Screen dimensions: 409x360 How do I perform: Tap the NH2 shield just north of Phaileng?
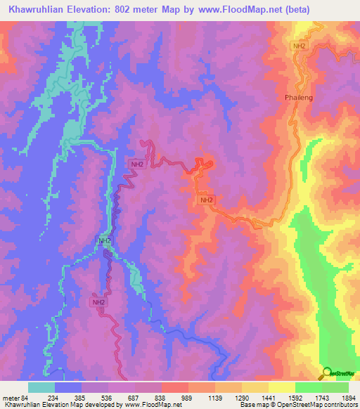coord(300,46)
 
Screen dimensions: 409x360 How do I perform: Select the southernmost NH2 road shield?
coord(99,302)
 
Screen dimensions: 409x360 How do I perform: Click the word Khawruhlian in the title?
coord(33,10)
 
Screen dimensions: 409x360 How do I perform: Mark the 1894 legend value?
coord(349,398)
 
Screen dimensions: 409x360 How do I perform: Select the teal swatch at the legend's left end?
coord(41,387)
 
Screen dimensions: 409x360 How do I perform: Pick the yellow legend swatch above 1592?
coord(282,387)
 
